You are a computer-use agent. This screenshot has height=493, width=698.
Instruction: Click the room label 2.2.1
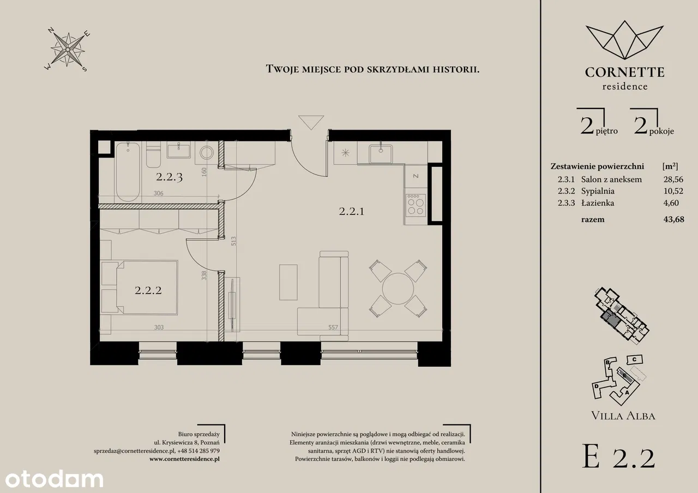[x=352, y=212]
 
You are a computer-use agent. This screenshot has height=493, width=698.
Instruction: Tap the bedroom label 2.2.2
[x=148, y=290]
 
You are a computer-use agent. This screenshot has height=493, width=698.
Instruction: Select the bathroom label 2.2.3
[x=169, y=177]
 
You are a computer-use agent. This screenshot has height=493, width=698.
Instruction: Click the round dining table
[x=398, y=289]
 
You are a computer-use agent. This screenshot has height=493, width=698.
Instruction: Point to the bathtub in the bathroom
[x=128, y=172]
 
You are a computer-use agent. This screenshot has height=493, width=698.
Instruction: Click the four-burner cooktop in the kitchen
[x=416, y=205]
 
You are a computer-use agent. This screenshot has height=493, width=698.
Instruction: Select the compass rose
[x=67, y=49]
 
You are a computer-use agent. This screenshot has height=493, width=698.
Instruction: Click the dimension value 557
[x=333, y=327]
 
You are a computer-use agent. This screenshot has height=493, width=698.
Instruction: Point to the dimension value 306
[x=158, y=193]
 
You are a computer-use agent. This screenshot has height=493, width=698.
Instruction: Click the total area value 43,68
[x=673, y=220]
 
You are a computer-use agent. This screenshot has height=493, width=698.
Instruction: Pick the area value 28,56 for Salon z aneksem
[x=673, y=179]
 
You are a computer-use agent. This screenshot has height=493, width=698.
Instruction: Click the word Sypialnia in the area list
[x=598, y=191]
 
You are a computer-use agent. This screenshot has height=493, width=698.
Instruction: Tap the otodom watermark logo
[x=54, y=479]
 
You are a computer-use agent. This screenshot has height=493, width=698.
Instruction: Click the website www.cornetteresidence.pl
[x=184, y=459]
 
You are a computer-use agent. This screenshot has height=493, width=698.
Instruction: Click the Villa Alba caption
[x=623, y=416]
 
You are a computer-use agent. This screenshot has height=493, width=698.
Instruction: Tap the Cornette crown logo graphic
[x=624, y=40]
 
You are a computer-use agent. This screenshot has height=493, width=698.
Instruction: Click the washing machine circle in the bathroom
[x=207, y=153]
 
